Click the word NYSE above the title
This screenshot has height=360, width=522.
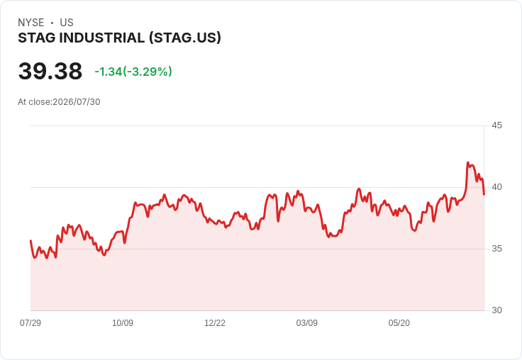pyautogui.click(x=31, y=23)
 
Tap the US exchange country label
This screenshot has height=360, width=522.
pyautogui.click(x=67, y=23)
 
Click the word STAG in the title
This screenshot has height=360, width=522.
pyautogui.click(x=37, y=38)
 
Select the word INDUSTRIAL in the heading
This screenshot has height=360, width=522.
pyautogui.click(x=102, y=38)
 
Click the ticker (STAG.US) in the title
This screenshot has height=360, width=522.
pyautogui.click(x=185, y=38)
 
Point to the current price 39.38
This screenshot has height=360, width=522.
pyautogui.click(x=50, y=71)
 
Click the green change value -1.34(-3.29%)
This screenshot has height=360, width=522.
pyautogui.click(x=133, y=72)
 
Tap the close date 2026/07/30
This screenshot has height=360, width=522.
pyautogui.click(x=77, y=102)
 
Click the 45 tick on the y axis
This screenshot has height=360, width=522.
pyautogui.click(x=496, y=125)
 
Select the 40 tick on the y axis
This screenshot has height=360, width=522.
pyautogui.click(x=496, y=187)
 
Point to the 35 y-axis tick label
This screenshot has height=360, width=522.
pyautogui.click(x=496, y=249)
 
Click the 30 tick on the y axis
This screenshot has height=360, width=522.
pyautogui.click(x=496, y=310)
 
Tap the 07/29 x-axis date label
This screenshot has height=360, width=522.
pyautogui.click(x=30, y=322)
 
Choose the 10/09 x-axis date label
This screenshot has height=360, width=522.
pyautogui.click(x=123, y=322)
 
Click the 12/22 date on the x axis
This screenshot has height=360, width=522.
pyautogui.click(x=215, y=322)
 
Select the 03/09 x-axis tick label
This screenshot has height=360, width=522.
pyautogui.click(x=307, y=322)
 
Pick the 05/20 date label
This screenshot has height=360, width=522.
pyautogui.click(x=399, y=322)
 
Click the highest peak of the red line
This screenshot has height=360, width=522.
pyautogui.click(x=467, y=163)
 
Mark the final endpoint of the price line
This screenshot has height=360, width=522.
pyautogui.click(x=484, y=194)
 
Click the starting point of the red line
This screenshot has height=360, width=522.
pyautogui.click(x=30, y=240)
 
